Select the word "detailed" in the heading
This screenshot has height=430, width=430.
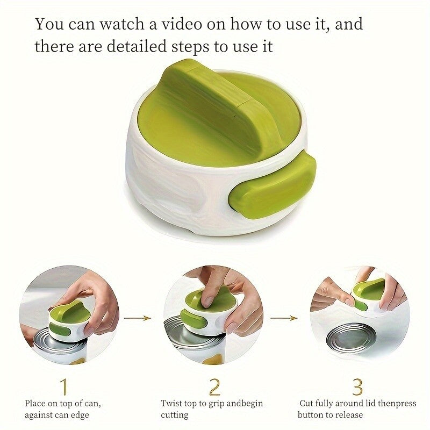point(137,46)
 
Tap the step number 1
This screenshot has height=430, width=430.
point(63,386)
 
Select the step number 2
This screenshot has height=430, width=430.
point(214,386)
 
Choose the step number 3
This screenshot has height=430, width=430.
point(357,386)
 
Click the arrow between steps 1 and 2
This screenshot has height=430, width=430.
point(137,318)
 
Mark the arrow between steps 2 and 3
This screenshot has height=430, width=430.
point(284,318)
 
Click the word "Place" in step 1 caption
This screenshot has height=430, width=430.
point(35,404)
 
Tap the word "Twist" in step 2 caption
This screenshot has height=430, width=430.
point(171,404)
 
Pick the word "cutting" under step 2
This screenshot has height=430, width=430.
point(174,415)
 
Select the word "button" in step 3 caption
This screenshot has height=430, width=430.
point(311,414)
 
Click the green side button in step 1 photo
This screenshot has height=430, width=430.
point(59,329)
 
